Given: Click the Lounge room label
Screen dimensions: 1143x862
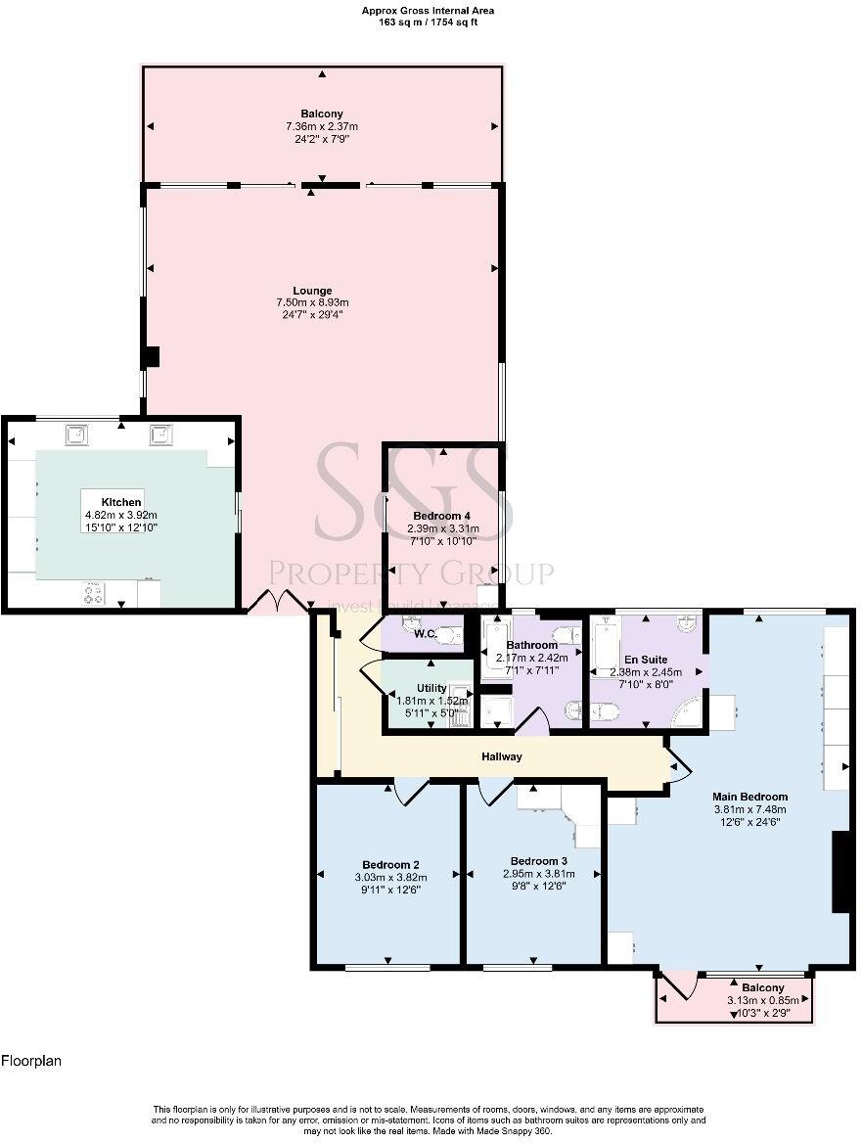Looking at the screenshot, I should click(312, 291).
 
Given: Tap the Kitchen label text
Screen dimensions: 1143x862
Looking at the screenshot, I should click(122, 502).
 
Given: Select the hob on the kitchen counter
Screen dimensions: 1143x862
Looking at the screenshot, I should click(95, 593).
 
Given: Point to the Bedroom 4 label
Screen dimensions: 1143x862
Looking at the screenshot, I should click(446, 516).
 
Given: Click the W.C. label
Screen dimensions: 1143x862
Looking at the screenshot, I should click(425, 634).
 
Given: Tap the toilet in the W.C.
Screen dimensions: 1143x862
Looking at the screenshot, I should click(448, 636).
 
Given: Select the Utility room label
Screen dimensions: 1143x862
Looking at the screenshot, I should click(431, 688).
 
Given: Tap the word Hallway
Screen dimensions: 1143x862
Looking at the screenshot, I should click(501, 756).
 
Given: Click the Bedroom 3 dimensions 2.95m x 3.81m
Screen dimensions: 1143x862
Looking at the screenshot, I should click(536, 874).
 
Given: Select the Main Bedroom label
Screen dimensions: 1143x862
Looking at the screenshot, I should click(749, 797).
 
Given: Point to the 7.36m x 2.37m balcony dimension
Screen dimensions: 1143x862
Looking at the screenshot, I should click(322, 127).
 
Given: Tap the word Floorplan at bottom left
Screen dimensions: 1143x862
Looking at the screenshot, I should click(30, 1060).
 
